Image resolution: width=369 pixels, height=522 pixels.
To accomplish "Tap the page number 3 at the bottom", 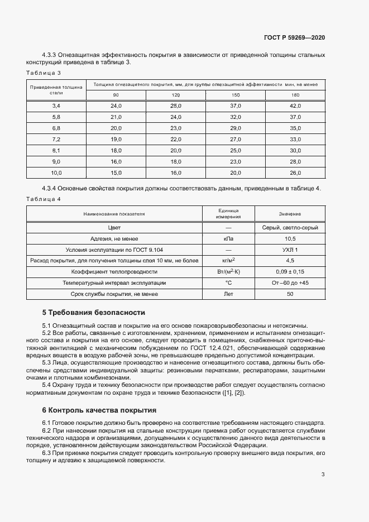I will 323,475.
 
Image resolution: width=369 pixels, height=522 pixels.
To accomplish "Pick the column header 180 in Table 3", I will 295,95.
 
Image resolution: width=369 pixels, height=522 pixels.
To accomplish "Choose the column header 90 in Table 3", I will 116,95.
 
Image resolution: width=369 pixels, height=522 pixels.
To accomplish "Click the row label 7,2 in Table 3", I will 56,139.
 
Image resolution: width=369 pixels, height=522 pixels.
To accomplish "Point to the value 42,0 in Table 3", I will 295,106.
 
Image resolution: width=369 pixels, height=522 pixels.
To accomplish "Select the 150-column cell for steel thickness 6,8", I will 236,128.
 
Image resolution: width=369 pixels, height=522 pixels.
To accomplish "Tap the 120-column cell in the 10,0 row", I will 176,173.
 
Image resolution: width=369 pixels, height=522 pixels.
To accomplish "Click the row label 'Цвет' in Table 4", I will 114,228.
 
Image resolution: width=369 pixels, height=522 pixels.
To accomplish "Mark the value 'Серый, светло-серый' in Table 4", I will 290,228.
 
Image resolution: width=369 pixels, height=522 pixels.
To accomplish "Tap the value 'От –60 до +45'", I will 290,283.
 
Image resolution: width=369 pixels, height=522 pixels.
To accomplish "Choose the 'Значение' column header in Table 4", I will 290,214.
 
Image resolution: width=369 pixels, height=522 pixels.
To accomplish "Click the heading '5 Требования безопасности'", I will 94,312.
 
